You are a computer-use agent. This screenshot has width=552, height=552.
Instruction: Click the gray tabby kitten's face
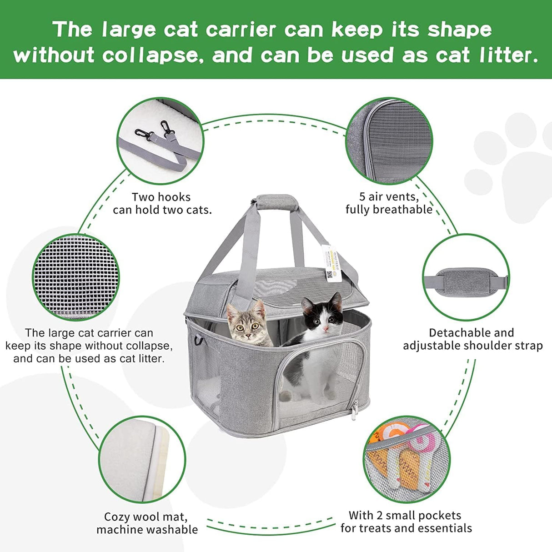coord(249,324)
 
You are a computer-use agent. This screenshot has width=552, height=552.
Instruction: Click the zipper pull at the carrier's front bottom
coord(353,413)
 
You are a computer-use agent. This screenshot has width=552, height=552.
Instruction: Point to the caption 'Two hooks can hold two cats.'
coord(162,203)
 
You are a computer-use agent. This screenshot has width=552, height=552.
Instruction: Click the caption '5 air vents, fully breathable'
coord(389,203)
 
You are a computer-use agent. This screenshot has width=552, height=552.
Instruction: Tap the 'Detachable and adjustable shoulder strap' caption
coord(472,339)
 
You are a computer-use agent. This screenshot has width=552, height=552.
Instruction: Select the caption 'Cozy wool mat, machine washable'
coord(147,523)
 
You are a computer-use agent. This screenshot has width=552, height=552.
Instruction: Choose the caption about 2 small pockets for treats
coord(406,522)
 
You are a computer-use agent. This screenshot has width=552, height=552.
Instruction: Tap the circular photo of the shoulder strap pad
coord(466,278)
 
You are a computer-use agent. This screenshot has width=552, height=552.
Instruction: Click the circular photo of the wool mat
coord(142,459)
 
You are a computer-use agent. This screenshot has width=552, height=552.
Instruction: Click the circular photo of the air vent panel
coord(389,141)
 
